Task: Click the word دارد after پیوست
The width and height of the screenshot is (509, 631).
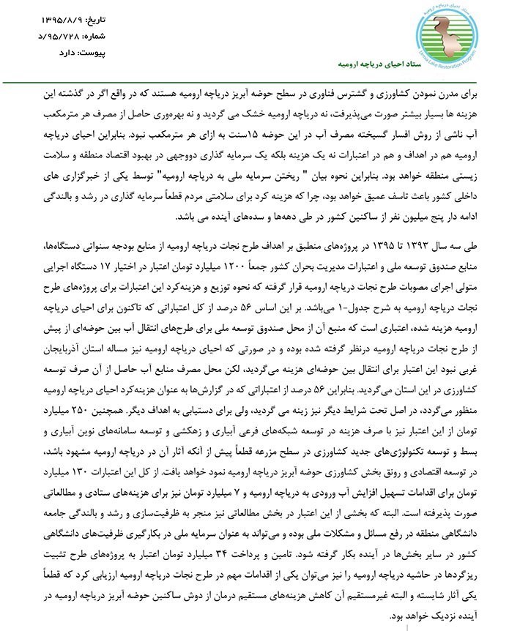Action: (x=70, y=53)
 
